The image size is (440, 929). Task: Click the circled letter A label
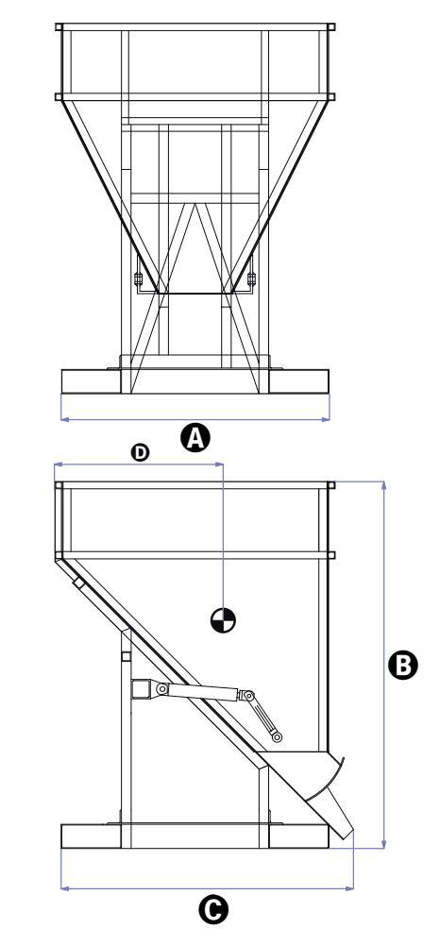point(195,438)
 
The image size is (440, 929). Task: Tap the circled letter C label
point(213,909)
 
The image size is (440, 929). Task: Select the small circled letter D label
point(141,453)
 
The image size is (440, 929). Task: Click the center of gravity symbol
point(223,619)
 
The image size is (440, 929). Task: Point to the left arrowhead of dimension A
point(64,419)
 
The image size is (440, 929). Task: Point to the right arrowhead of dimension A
point(326,419)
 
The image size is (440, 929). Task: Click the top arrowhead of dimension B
point(384,486)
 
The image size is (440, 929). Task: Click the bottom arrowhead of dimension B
point(384,844)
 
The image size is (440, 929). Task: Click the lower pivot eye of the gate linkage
point(278,737)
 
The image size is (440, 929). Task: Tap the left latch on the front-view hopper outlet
point(138,278)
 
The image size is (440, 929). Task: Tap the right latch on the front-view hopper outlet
point(252,278)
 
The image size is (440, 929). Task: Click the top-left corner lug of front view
point(59,26)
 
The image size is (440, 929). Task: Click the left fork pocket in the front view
point(92,381)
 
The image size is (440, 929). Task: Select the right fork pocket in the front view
point(299,381)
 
